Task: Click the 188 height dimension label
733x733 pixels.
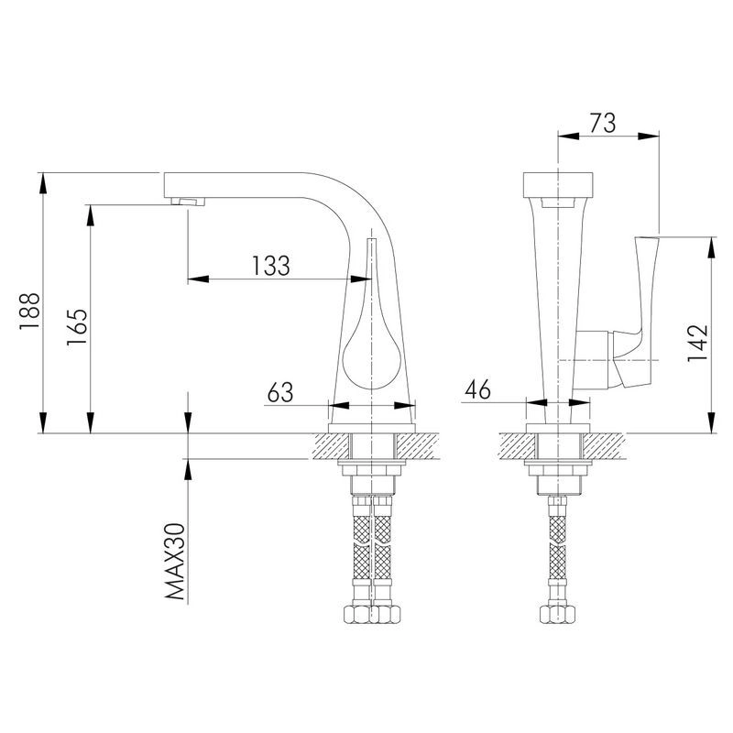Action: click(x=29, y=312)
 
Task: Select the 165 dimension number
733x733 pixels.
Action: click(x=77, y=327)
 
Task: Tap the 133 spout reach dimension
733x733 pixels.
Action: click(x=271, y=266)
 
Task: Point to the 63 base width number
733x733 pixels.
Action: click(x=280, y=392)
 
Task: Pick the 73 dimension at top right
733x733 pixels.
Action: click(x=603, y=123)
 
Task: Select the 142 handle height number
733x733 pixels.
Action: click(x=697, y=343)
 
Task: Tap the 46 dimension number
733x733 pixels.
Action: click(x=477, y=388)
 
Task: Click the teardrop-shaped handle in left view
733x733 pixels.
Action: click(x=372, y=327)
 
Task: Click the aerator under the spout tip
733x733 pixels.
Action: click(x=188, y=202)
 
